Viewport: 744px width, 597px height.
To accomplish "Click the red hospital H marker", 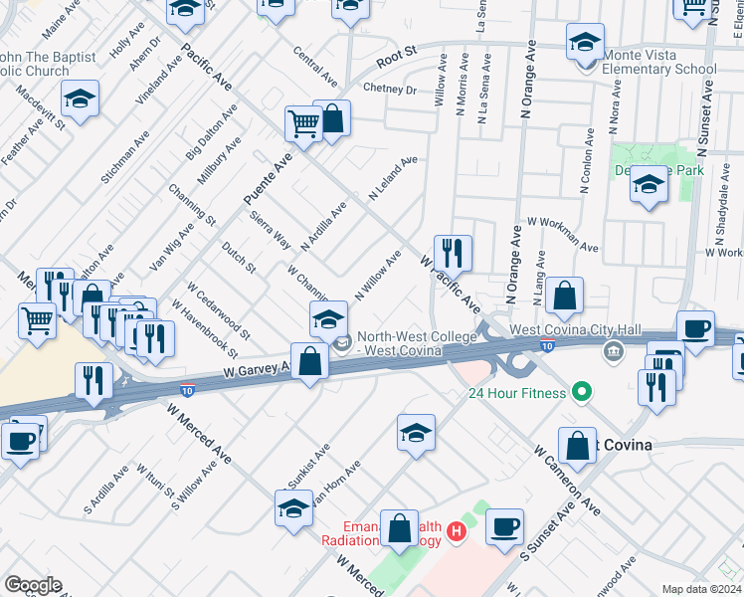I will pyautogui.click(x=456, y=531).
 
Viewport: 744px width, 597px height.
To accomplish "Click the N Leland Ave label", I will pyautogui.click(x=393, y=179).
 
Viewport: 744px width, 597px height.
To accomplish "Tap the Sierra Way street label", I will pyautogui.click(x=271, y=229).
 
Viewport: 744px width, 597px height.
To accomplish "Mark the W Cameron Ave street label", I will pyautogui.click(x=566, y=479).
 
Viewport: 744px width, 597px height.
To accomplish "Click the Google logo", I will pyautogui.click(x=33, y=585).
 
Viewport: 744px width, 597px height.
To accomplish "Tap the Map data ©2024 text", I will pyautogui.click(x=701, y=589).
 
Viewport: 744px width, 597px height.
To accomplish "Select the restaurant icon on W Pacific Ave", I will pyautogui.click(x=453, y=254).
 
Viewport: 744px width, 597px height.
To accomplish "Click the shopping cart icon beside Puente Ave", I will pyautogui.click(x=303, y=123).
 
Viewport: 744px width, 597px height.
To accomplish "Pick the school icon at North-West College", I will pyautogui.click(x=328, y=320).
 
